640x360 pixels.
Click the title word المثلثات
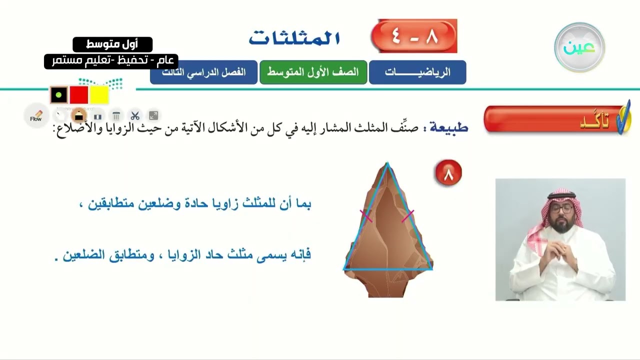(x=294, y=38)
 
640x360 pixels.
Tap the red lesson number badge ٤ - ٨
(x=414, y=36)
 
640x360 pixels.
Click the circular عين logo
(x=579, y=47)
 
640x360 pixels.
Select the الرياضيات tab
(x=417, y=72)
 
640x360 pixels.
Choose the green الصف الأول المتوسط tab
(x=313, y=72)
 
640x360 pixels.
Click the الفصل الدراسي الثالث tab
(x=203, y=72)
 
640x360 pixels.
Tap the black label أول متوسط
(x=112, y=44)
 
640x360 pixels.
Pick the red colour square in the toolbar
(x=79, y=95)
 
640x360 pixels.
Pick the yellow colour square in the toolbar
(x=99, y=95)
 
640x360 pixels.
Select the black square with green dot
(x=58, y=95)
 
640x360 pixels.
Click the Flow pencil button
(x=36, y=116)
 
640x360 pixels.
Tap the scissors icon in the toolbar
(x=134, y=116)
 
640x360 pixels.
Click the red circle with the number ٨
(x=448, y=173)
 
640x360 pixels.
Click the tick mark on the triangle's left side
(x=366, y=216)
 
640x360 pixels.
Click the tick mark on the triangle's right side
(x=408, y=215)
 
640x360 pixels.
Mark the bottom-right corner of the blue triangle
(x=431, y=269)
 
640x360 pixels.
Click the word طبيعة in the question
(x=448, y=127)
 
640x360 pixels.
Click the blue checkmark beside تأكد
(x=623, y=117)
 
